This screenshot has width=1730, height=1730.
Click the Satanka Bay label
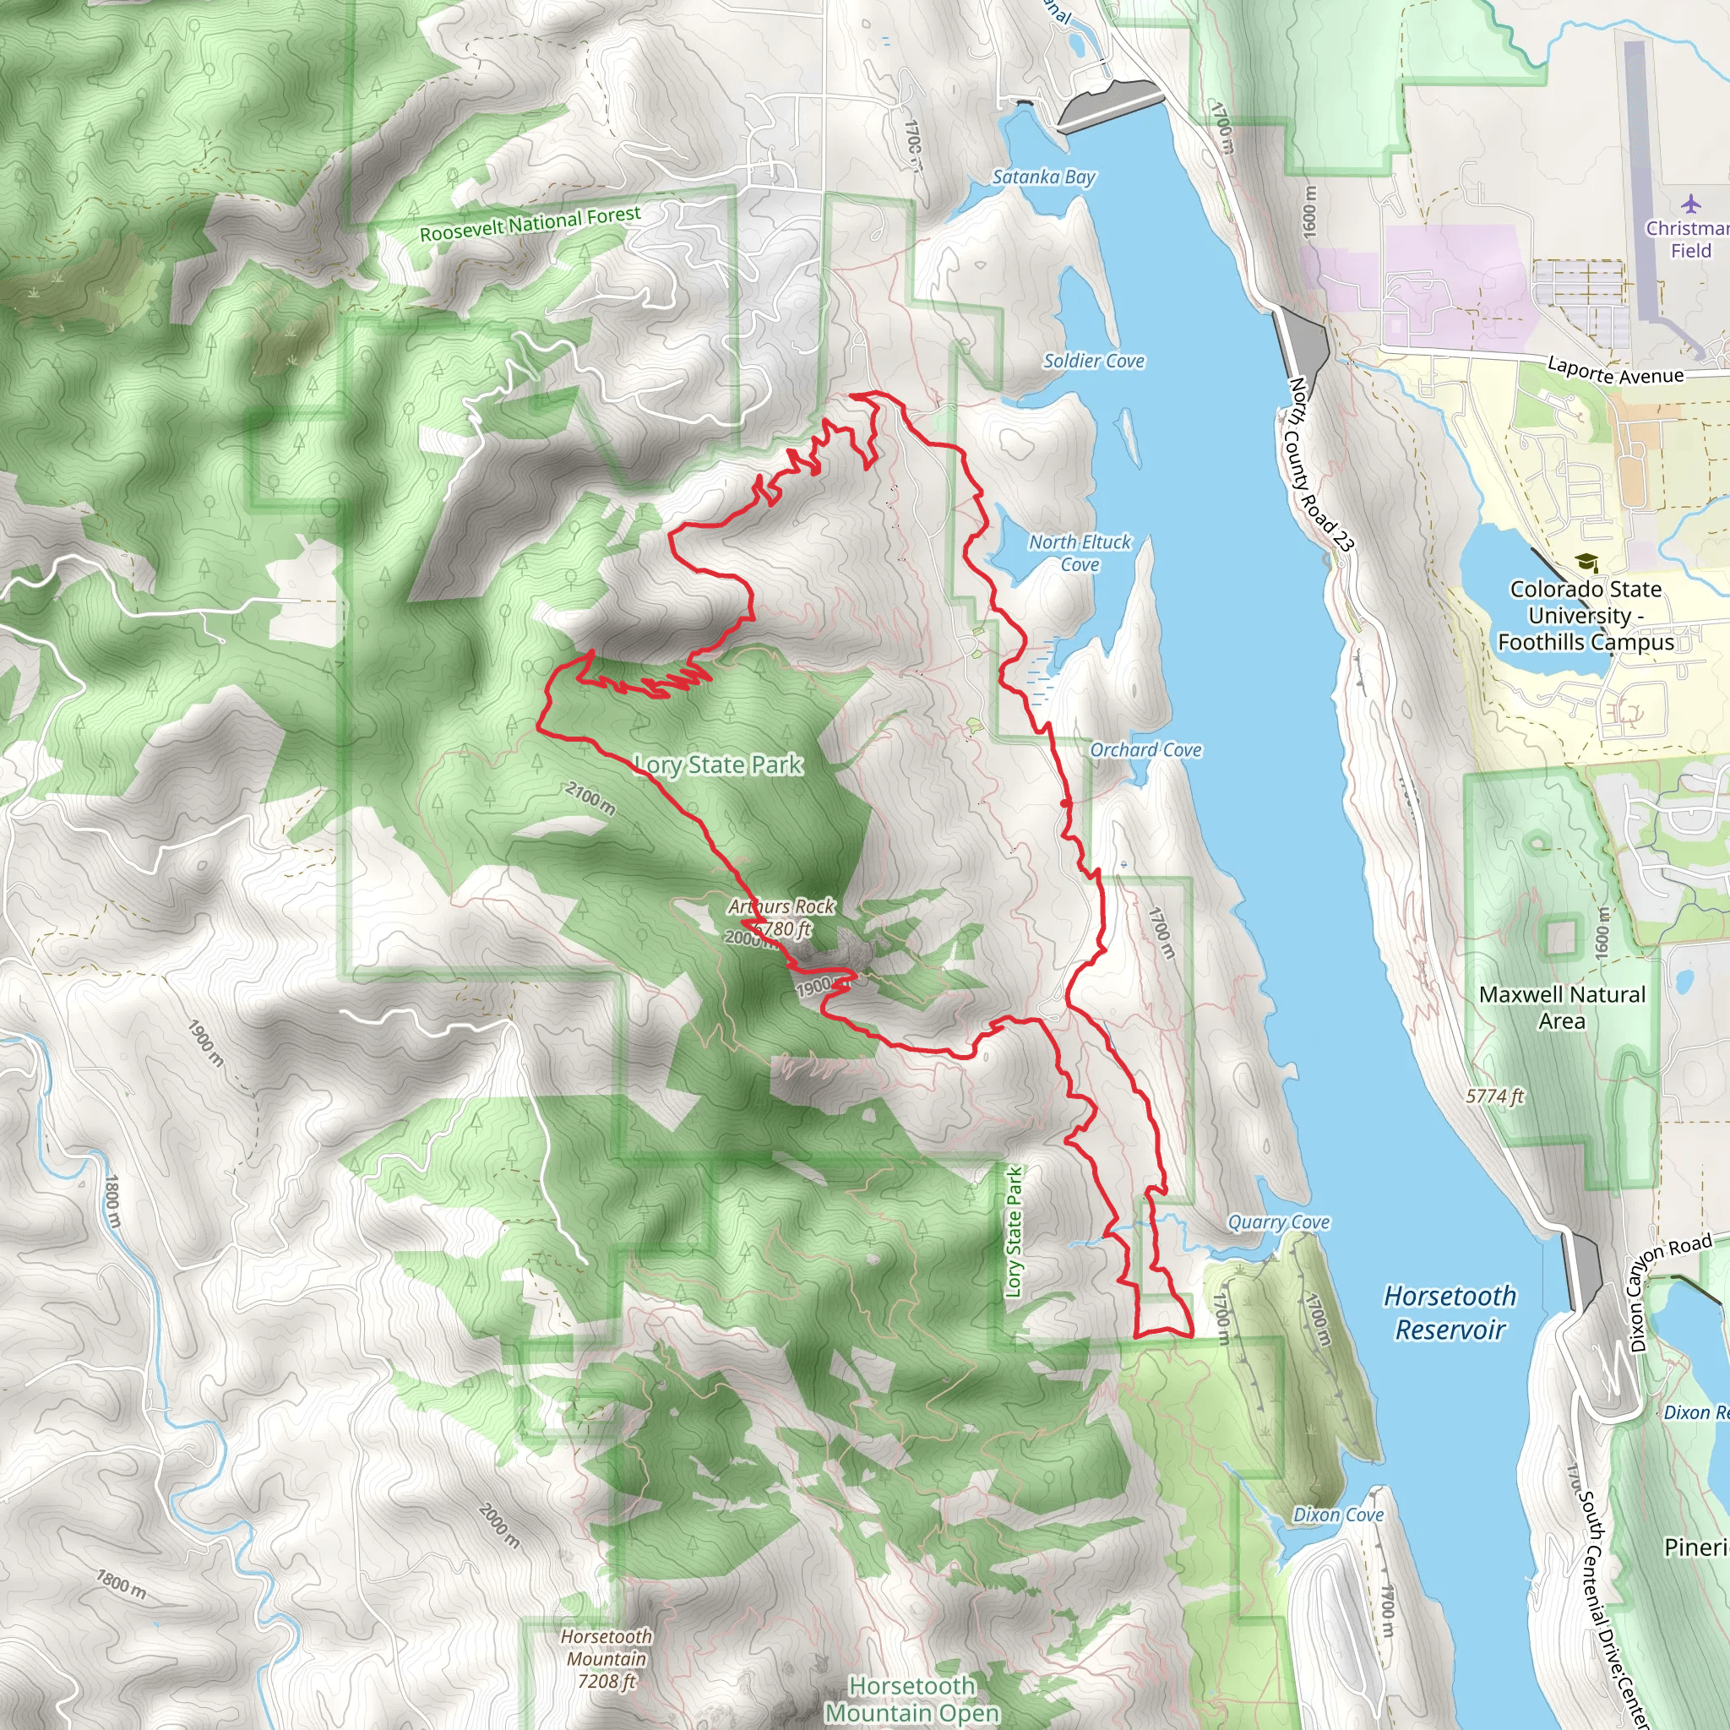click(x=1043, y=177)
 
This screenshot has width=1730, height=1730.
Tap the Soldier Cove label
click(x=1093, y=361)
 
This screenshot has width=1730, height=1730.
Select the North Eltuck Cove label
click(x=1079, y=552)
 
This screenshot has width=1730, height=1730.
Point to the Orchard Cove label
click(x=1145, y=749)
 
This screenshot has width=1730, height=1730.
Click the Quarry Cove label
click(x=1278, y=1221)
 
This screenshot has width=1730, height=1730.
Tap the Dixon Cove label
click(x=1338, y=1515)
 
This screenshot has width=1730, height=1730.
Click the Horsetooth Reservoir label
click(x=1449, y=1313)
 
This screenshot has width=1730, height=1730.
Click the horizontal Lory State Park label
click(x=718, y=764)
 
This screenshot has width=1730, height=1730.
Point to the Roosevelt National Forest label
click(x=530, y=223)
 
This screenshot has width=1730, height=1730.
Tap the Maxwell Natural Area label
click(x=1562, y=1008)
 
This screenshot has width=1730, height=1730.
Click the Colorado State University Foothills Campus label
click(x=1585, y=615)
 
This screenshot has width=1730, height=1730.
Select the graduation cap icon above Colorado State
click(x=1586, y=563)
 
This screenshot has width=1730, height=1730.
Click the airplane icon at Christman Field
click(x=1690, y=204)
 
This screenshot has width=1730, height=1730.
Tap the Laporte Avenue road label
click(x=1615, y=371)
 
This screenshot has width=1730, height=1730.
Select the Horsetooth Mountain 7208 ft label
click(x=607, y=1658)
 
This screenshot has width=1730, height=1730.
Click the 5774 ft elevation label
click(x=1494, y=1096)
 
